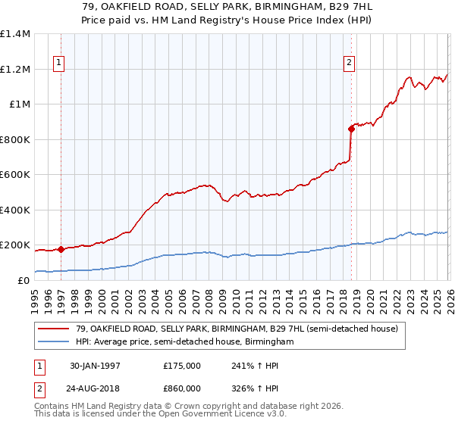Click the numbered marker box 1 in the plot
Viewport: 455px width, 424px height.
tap(59, 64)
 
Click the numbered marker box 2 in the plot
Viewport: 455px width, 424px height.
tap(350, 64)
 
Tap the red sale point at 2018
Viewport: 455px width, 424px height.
tap(351, 129)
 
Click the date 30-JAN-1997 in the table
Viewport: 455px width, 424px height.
tap(95, 366)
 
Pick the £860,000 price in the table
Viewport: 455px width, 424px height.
tap(182, 387)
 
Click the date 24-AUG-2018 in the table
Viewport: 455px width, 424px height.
tap(95, 387)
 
